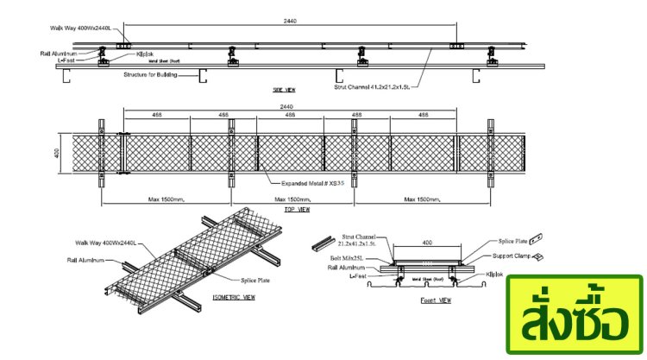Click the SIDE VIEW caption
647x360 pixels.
284,89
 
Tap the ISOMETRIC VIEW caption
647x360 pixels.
234,298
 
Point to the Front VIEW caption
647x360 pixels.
436,300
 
